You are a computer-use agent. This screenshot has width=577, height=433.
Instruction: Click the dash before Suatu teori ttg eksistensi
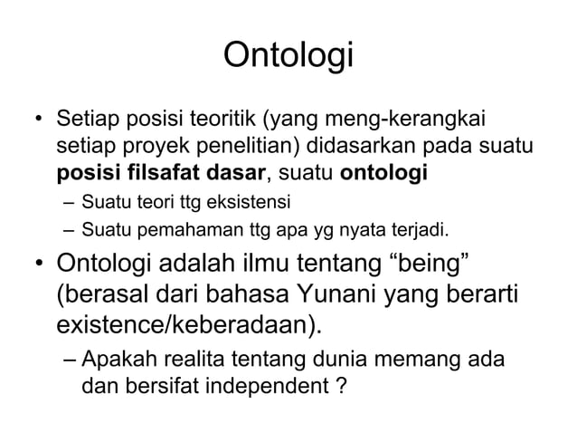point(69,200)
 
